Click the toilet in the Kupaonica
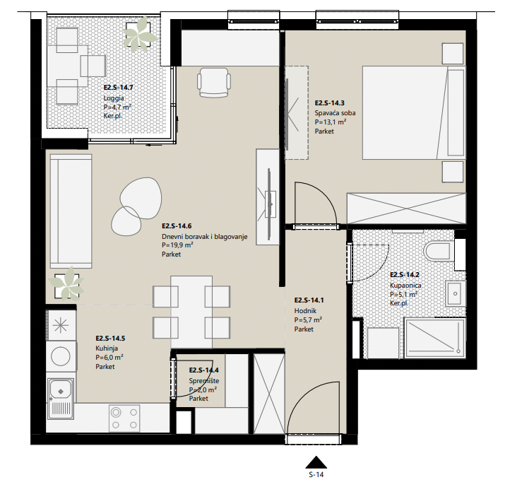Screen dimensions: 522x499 (439, 252)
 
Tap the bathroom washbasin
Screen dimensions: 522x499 (455, 293)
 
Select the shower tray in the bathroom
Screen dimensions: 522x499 (435, 338)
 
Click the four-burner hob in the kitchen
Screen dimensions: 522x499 (124, 418)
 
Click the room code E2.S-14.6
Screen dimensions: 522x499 (177, 226)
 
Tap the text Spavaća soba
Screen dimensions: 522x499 (335, 113)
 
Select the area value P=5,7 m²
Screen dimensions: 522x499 (308, 319)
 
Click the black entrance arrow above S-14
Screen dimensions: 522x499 (316, 462)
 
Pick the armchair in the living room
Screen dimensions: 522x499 (214, 83)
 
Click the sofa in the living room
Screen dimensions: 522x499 (71, 211)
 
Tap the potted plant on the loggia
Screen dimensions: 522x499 (139, 34)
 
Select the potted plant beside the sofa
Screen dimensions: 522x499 (66, 284)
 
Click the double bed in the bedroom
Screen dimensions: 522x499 (414, 112)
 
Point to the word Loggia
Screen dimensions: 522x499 (114, 98)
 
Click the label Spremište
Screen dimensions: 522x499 (204, 381)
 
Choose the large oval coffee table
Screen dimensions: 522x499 (141, 198)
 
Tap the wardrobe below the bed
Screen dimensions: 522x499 (406, 209)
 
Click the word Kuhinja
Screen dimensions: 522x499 (107, 348)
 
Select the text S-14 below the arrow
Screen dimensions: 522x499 (316, 475)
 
